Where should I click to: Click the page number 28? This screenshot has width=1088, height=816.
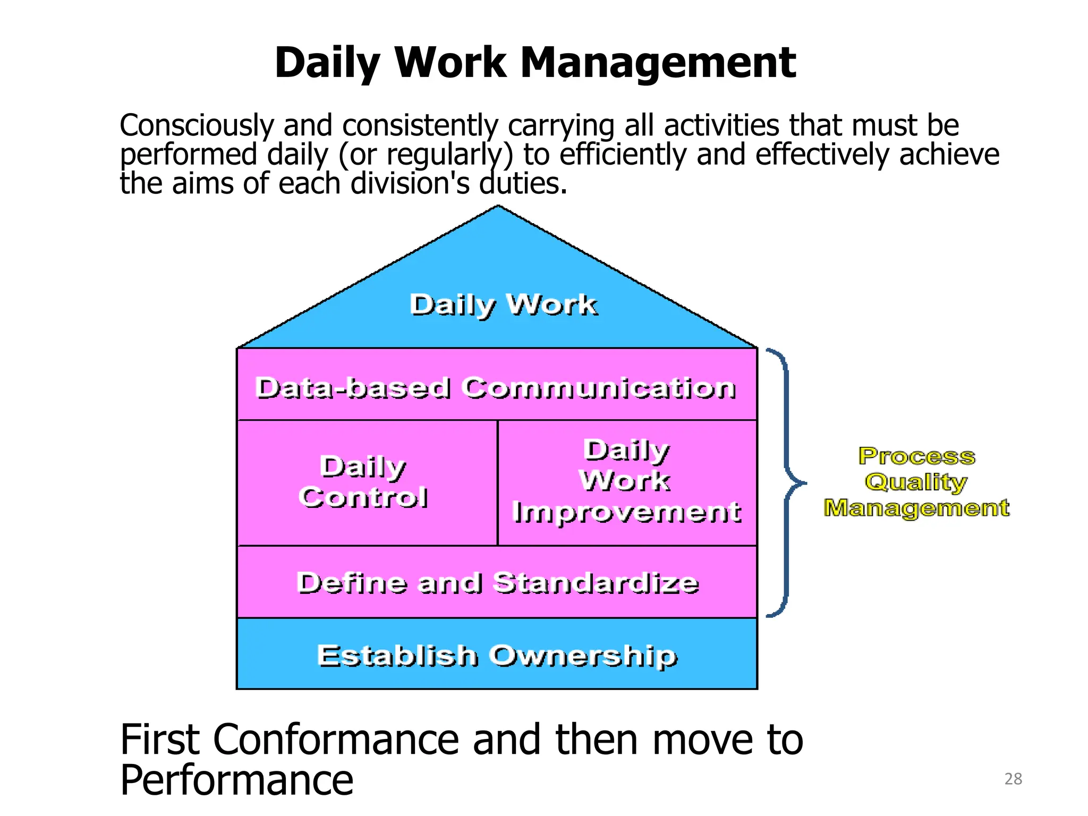[x=1013, y=779]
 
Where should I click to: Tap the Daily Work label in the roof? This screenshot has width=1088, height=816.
[x=503, y=305]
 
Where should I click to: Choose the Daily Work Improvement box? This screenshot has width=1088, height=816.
[x=627, y=482]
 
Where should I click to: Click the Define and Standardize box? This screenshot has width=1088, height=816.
[x=497, y=582]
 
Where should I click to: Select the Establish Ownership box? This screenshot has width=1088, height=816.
[x=497, y=654]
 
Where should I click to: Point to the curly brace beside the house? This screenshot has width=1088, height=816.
[x=786, y=482]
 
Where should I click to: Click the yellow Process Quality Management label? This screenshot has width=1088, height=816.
[x=917, y=482]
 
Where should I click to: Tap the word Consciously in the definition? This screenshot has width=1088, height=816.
[x=197, y=126]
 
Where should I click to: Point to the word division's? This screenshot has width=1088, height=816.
[x=410, y=184]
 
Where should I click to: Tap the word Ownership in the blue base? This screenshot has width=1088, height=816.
[x=583, y=656]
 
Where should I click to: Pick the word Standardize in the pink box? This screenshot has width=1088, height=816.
[x=596, y=583]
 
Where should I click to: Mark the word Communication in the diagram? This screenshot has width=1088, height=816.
[x=599, y=388]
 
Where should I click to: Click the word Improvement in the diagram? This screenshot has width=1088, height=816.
[x=627, y=512]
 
